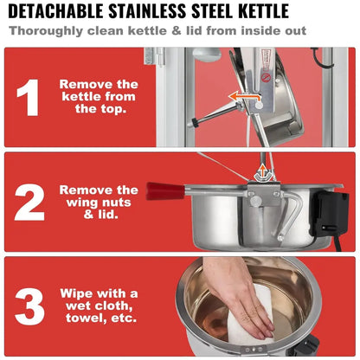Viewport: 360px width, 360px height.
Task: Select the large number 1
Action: coord(29,97)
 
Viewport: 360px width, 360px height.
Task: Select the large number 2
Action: coord(29,202)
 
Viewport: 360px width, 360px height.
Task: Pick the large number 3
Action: coord(29,306)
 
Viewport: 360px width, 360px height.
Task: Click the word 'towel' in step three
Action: coord(83,318)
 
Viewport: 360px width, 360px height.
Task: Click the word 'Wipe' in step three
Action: coord(74,293)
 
